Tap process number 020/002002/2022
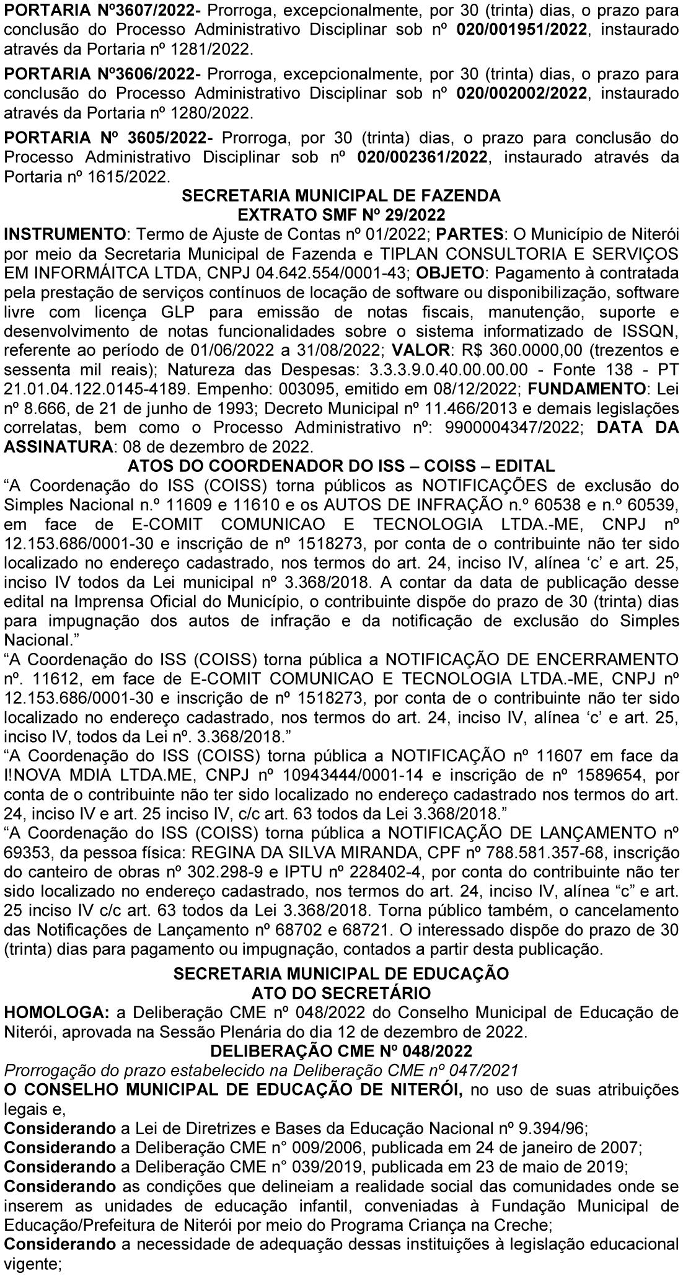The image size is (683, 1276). tap(521, 94)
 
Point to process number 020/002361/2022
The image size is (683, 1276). tap(422, 157)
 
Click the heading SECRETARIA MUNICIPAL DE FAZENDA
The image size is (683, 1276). tap(341, 196)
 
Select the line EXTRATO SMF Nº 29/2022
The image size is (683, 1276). tap(341, 215)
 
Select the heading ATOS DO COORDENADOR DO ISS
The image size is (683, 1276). tap(340, 465)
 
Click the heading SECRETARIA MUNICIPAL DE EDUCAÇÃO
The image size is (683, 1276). tap(341, 973)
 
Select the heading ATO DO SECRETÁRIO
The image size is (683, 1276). tap(341, 993)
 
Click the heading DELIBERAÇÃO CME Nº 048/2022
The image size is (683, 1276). tap(341, 1051)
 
